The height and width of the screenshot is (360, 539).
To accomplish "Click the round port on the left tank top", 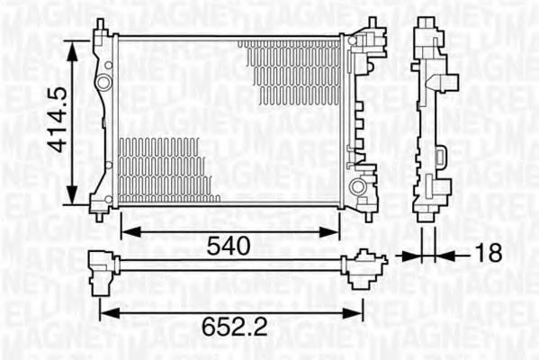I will coord(104,83).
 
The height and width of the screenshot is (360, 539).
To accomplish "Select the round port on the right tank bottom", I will coord(360,186).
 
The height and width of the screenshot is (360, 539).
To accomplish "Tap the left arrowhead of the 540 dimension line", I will coord(126,231).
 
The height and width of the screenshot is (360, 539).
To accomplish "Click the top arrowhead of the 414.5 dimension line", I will coord(73,44).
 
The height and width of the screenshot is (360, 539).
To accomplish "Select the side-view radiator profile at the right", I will coord(431,117).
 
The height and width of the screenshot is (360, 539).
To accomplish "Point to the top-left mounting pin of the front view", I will coord(100,24).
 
